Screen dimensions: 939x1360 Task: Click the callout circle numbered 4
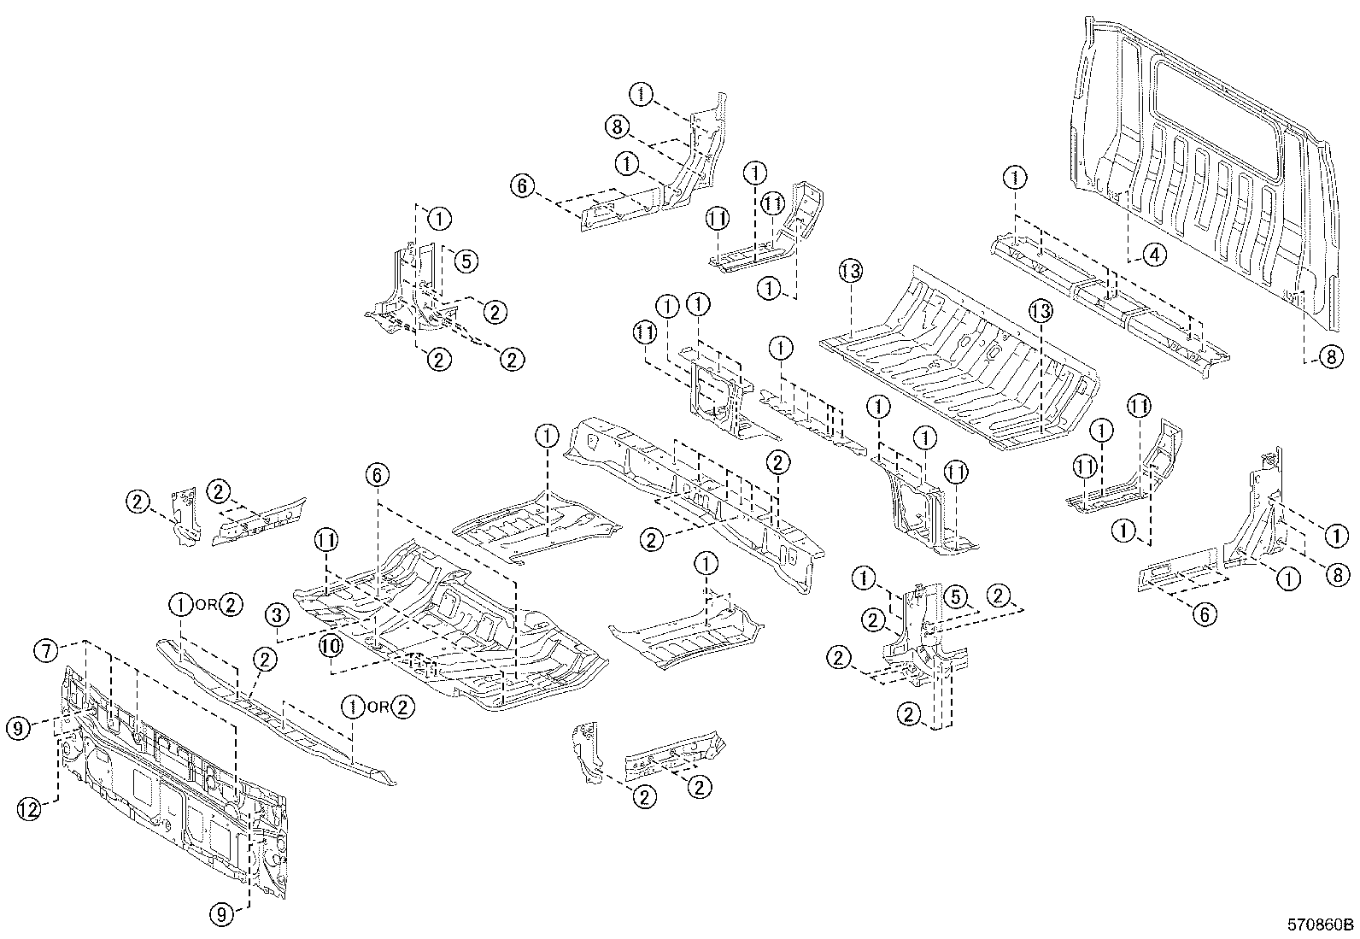pyautogui.click(x=1152, y=254)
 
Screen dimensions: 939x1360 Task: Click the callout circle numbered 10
pyautogui.click(x=331, y=646)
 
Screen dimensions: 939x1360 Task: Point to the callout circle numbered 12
pyautogui.click(x=30, y=809)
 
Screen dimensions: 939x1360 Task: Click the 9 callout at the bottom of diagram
pyautogui.click(x=221, y=914)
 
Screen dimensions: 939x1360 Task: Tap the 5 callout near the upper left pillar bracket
pyautogui.click(x=465, y=261)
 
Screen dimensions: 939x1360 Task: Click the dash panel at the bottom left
pyautogui.click(x=171, y=786)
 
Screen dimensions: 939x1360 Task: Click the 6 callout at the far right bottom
pyautogui.click(x=1204, y=613)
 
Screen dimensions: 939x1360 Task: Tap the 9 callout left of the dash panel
pyautogui.click(x=20, y=728)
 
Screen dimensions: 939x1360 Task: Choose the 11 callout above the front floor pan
pyautogui.click(x=325, y=540)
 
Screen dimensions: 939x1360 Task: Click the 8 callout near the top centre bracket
pyautogui.click(x=618, y=127)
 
